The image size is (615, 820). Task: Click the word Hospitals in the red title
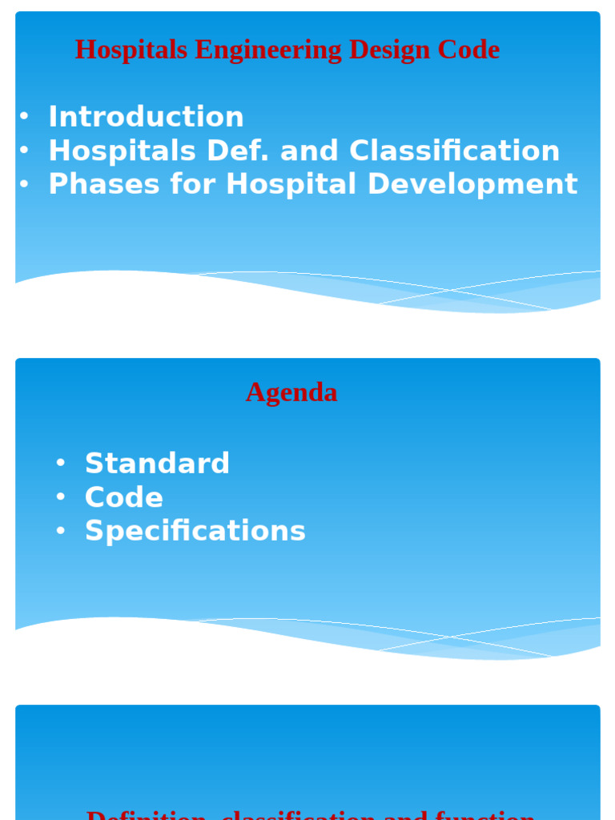[x=131, y=50]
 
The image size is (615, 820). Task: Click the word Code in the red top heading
[x=468, y=50]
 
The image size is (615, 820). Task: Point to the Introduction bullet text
[x=146, y=117]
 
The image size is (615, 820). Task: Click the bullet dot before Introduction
[x=24, y=117]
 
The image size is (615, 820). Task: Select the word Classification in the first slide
[x=454, y=151]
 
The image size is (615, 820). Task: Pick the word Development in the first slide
[x=472, y=184]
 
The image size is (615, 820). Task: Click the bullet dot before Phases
[x=24, y=185]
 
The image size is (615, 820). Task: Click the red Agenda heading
[x=291, y=392]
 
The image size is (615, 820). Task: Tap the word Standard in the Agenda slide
[x=157, y=464]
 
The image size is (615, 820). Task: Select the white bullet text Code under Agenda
[x=124, y=497]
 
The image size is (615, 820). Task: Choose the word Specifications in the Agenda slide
[x=195, y=531]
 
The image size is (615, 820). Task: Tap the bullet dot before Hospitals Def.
[x=24, y=151]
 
